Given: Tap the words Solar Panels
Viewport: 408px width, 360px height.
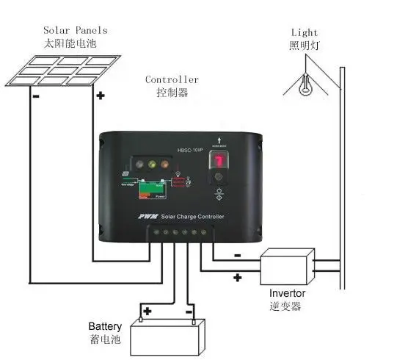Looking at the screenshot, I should [x=74, y=30].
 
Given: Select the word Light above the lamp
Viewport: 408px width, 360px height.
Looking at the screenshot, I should [x=305, y=32].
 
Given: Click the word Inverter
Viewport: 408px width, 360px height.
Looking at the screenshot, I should [x=287, y=294].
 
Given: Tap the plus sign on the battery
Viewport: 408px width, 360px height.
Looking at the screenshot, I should [x=147, y=312].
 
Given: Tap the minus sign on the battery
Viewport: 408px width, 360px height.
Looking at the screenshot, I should [x=190, y=312].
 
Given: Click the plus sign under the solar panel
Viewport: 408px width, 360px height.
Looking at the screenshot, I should [x=100, y=95].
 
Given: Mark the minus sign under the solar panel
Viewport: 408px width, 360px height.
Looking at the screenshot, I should [x=34, y=96].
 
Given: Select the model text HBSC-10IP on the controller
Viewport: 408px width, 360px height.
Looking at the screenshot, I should [x=189, y=151].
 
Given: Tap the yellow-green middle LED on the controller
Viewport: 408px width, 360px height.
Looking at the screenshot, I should [x=153, y=165].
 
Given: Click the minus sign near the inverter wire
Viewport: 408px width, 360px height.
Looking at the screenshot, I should [x=237, y=256].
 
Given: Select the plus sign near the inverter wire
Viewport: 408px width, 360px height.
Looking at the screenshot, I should [x=237, y=278].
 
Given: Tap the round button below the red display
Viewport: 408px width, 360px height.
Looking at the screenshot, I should [x=218, y=194].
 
